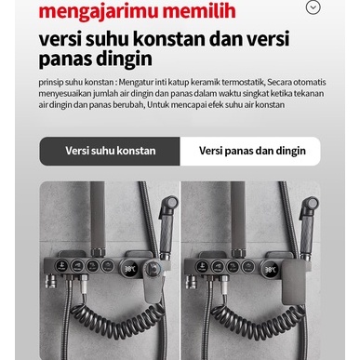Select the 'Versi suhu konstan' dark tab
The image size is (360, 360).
click(110, 151)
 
